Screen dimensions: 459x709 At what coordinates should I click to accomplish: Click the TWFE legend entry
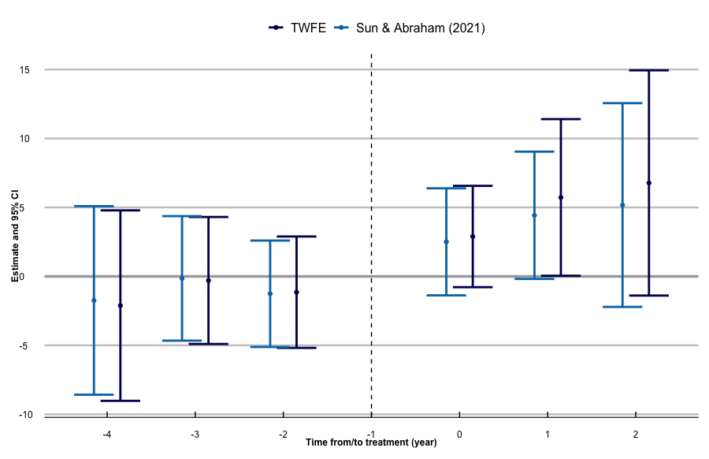point(296,28)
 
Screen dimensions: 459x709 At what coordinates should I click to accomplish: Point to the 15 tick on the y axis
point(25,70)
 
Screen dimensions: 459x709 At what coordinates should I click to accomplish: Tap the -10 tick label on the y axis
point(24,415)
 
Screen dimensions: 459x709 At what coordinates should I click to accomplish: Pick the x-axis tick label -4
point(106,435)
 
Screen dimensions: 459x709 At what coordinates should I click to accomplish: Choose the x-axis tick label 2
point(636,435)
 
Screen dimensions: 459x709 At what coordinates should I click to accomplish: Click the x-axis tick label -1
point(371,435)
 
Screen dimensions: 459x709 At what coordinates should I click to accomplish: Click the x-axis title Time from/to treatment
point(371,443)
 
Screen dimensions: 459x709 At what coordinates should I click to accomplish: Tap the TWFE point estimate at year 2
point(649,183)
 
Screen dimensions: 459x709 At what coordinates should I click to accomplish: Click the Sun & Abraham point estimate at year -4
point(94,300)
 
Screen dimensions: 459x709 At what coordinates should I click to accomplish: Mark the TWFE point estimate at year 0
point(473,237)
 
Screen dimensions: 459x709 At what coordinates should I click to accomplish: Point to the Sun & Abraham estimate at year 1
point(534,215)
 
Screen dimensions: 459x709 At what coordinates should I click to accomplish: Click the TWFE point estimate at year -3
point(208,281)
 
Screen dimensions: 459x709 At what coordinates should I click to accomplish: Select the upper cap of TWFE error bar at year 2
point(649,70)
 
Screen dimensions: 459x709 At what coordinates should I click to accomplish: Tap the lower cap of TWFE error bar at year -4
point(121,401)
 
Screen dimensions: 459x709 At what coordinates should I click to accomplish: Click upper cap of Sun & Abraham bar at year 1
point(534,151)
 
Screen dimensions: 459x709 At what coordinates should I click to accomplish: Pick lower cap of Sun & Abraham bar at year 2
point(622,307)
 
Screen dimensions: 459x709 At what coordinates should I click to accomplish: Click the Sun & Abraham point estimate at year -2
point(270,294)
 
